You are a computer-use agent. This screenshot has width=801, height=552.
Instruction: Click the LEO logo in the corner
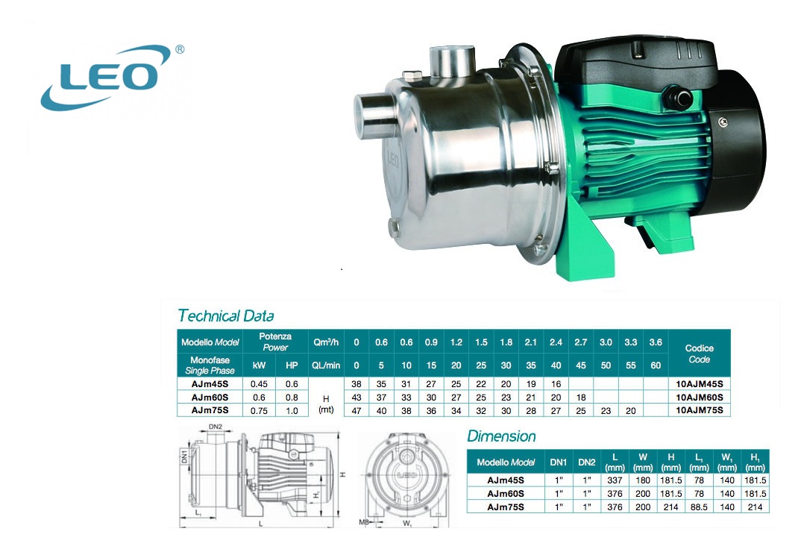tap(113, 77)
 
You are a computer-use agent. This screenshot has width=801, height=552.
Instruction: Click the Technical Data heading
tap(226, 316)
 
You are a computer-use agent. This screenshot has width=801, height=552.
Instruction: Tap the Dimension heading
tap(501, 436)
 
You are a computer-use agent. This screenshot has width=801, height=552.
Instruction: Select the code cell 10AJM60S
tap(699, 397)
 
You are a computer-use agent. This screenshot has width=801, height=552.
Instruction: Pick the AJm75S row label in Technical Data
tap(210, 410)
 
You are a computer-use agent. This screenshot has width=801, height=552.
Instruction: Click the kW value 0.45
tap(259, 384)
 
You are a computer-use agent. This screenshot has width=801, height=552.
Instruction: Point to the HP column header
tap(292, 366)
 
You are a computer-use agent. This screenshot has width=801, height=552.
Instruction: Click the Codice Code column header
tap(699, 354)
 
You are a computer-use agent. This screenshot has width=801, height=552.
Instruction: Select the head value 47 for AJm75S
tap(356, 410)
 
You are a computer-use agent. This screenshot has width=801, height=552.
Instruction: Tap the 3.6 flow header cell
tap(656, 342)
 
